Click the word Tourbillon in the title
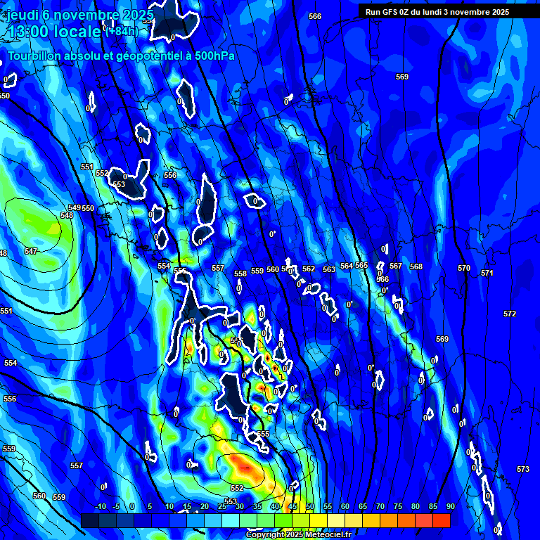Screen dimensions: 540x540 [x=34, y=56]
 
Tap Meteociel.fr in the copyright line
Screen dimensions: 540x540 [x=323, y=535]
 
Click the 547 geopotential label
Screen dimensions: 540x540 [x=31, y=251]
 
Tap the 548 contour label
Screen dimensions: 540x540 [x=66, y=215]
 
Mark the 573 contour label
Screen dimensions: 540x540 [x=522, y=469]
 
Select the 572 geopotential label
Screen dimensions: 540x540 [x=510, y=314]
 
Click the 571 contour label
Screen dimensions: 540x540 [x=487, y=273]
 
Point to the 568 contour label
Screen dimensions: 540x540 [x=416, y=266]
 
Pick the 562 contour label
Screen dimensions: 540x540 [x=309, y=269]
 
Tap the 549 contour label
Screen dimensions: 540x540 [x=75, y=207]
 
